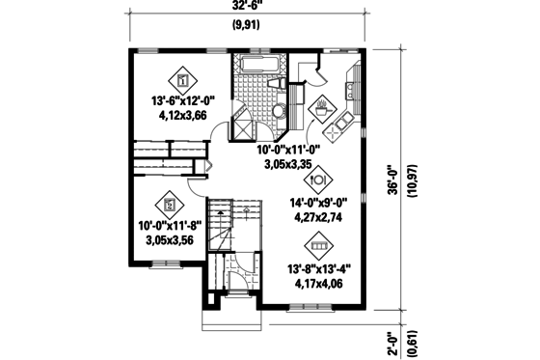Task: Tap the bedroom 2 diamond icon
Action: pyautogui.click(x=171, y=205)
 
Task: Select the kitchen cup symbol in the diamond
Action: pyautogui.click(x=321, y=107)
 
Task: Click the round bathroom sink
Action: pyautogui.click(x=278, y=111)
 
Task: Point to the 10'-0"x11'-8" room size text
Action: pyautogui.click(x=175, y=228)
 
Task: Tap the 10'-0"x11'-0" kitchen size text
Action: pyautogui.click(x=291, y=151)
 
